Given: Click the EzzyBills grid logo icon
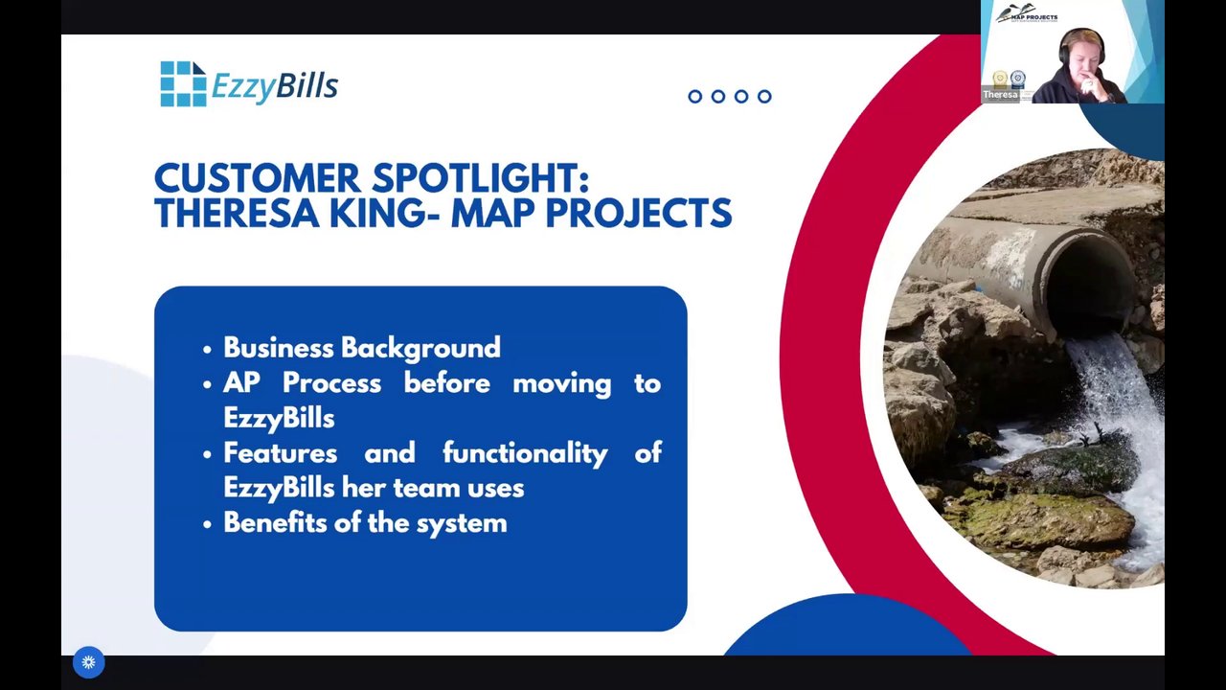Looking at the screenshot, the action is pyautogui.click(x=183, y=83).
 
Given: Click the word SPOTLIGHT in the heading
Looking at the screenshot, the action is pyautogui.click(x=480, y=178).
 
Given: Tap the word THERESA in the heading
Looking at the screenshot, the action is pyautogui.click(x=237, y=213).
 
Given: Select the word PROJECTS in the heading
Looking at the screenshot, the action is pyautogui.click(x=638, y=213).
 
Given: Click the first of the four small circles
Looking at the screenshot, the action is pyautogui.click(x=695, y=97).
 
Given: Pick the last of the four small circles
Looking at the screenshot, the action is pyautogui.click(x=764, y=97).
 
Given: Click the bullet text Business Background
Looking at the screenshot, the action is pyautogui.click(x=362, y=348).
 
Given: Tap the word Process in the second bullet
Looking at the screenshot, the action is pyautogui.click(x=331, y=382).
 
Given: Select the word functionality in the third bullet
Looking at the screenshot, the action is pyautogui.click(x=525, y=454).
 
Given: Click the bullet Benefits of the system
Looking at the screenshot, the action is pyautogui.click(x=365, y=523).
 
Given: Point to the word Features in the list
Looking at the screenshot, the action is pyautogui.click(x=281, y=453).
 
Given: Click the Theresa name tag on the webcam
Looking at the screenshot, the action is pyautogui.click(x=1001, y=95).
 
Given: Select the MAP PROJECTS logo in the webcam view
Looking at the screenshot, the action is pyautogui.click(x=1026, y=13).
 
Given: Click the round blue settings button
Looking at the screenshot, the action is pyautogui.click(x=89, y=662).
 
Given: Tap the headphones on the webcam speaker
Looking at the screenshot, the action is pyautogui.click(x=1082, y=48).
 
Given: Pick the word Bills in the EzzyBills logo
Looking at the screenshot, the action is pyautogui.click(x=307, y=86).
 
